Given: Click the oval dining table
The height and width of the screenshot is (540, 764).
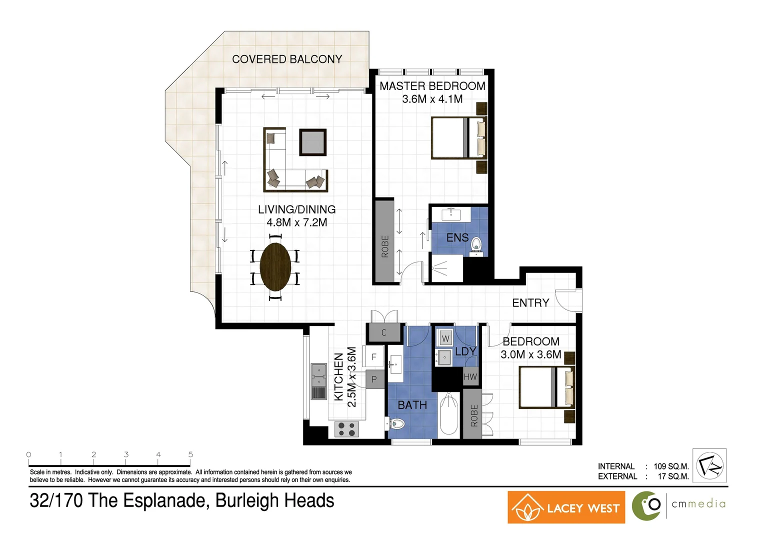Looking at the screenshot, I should click(275, 266).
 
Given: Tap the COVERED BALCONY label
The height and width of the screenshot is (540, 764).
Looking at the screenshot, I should click(287, 59).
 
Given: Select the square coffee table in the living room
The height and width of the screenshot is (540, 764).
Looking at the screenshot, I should click(313, 142).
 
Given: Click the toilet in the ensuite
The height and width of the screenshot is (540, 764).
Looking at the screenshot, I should click(476, 244).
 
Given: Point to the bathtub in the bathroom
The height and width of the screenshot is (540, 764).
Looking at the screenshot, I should click(448, 415).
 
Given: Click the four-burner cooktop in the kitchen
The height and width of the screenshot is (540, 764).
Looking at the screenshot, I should click(346, 429).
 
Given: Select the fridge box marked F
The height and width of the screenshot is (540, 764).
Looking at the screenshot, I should click(373, 357).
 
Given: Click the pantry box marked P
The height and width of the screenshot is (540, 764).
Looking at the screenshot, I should click(374, 379).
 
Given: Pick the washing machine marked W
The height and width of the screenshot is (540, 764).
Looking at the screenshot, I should click(445, 338).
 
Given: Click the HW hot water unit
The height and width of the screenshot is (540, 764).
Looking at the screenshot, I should click(470, 376).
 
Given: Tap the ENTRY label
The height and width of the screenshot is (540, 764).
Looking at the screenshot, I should click(530, 303).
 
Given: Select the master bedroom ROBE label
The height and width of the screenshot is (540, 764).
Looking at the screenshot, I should click(385, 246).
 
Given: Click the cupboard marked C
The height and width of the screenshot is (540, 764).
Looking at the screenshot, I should click(384, 332).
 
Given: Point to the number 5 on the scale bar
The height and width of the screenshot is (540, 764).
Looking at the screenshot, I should click(190, 454).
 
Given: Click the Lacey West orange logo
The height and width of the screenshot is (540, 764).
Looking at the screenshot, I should click(566, 507).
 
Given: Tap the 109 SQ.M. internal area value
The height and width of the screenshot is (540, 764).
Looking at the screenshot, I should click(671, 466).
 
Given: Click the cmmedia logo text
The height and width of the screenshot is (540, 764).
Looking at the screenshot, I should click(698, 504).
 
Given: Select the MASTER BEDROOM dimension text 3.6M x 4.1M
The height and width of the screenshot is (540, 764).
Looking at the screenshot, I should click(432, 99).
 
